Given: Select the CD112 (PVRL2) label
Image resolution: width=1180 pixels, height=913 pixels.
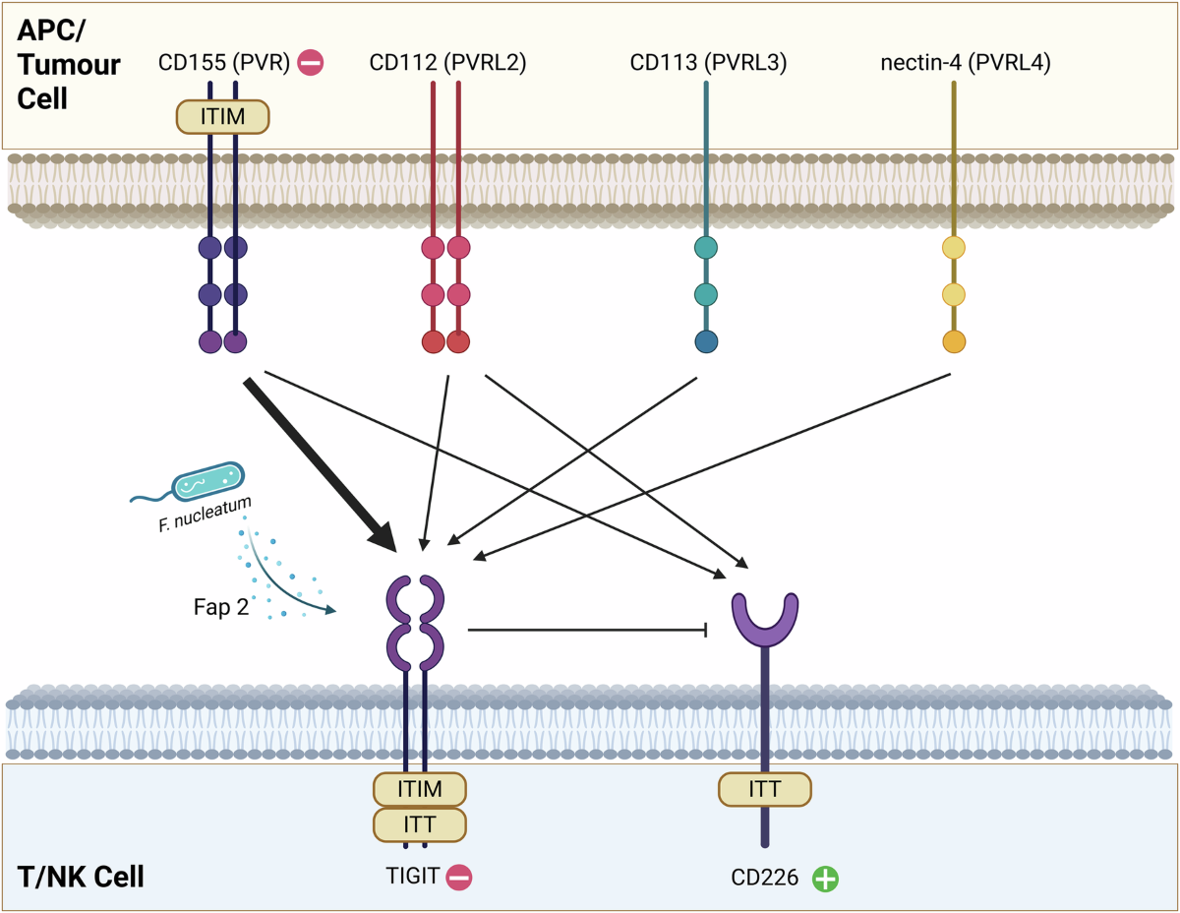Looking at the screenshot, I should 447,64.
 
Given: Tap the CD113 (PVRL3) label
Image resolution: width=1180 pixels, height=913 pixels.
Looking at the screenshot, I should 708,64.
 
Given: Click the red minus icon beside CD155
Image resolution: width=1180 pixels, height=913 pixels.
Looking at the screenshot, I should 310,64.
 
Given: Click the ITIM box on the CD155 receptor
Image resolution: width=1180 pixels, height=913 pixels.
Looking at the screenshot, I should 222,117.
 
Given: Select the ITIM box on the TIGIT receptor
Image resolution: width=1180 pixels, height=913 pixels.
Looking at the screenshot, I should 419,789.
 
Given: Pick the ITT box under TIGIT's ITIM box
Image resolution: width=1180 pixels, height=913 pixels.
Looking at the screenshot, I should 419,824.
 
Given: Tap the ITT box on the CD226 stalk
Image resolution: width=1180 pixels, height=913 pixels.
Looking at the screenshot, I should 765,789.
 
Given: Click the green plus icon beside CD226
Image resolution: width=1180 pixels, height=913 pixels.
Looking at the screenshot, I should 825,878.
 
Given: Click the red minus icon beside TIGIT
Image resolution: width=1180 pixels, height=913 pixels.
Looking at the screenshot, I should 458,877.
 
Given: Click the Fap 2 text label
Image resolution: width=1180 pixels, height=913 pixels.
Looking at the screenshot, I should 220,606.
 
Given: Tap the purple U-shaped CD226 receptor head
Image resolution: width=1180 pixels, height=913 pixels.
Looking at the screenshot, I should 765,620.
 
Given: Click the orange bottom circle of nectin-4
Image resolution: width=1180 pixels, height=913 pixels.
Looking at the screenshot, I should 954,342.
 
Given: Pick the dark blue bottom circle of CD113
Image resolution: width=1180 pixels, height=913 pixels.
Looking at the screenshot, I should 706,342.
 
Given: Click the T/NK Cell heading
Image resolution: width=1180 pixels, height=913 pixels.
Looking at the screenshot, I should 81,876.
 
